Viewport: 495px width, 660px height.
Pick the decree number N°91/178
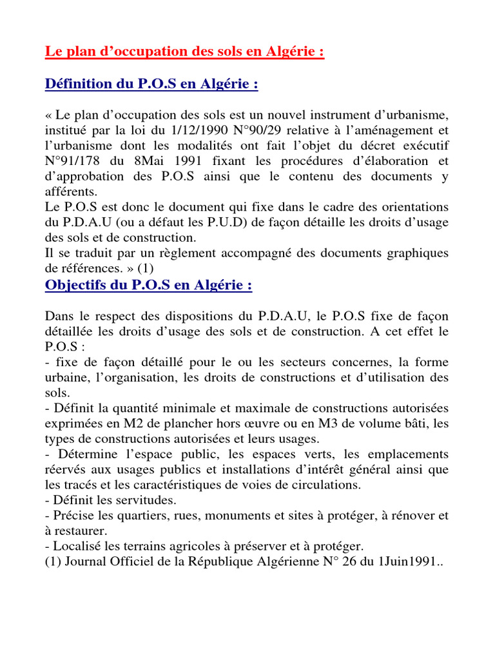(x=68, y=161)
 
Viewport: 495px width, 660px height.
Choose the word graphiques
(x=417, y=253)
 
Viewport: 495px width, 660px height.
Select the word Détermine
(x=82, y=454)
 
